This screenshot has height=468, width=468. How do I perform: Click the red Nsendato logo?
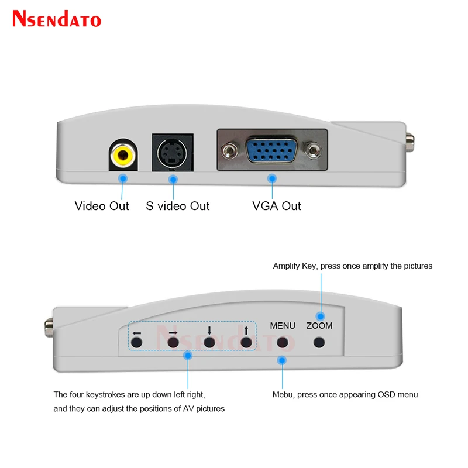pos(57,19)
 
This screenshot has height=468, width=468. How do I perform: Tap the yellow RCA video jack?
pos(123,155)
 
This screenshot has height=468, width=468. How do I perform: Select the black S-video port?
pos(172,153)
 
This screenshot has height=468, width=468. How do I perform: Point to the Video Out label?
pos(101,206)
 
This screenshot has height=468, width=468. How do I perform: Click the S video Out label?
pos(178,206)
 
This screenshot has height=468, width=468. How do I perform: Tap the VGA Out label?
pos(276,206)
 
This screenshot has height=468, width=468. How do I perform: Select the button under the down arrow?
pos(209,342)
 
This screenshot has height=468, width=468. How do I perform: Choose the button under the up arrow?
pos(246,342)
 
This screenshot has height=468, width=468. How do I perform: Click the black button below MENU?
pos(283,342)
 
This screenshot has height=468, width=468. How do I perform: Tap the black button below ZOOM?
pos(319,342)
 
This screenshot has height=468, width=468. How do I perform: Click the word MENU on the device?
pos(283,326)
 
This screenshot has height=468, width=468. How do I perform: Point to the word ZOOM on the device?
pos(319,326)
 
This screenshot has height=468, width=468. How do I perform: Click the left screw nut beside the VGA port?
pos(229,150)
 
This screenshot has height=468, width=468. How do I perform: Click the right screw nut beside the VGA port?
pos(313,150)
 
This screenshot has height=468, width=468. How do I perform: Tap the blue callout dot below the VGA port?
pos(272,178)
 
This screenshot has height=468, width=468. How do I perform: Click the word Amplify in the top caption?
pos(286,266)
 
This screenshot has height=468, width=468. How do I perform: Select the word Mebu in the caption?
pos(283,394)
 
